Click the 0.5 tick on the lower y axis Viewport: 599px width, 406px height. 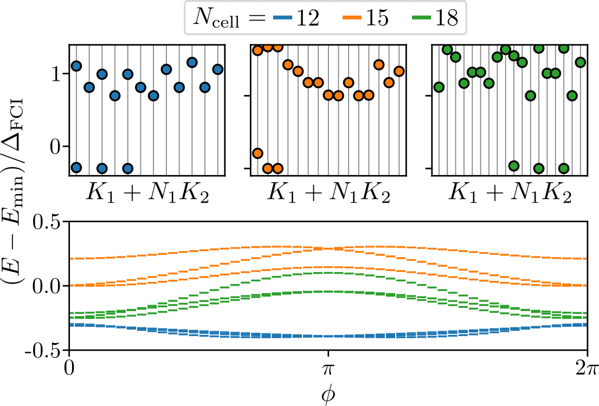point(48,222)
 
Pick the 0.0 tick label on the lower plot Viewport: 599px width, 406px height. point(48,286)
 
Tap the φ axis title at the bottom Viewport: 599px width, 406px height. point(328,394)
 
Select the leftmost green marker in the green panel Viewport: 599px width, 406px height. point(439,87)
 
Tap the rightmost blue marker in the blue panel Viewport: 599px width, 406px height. point(218,69)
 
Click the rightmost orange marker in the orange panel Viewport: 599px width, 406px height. point(400,72)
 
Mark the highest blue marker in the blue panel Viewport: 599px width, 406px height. point(192,62)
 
